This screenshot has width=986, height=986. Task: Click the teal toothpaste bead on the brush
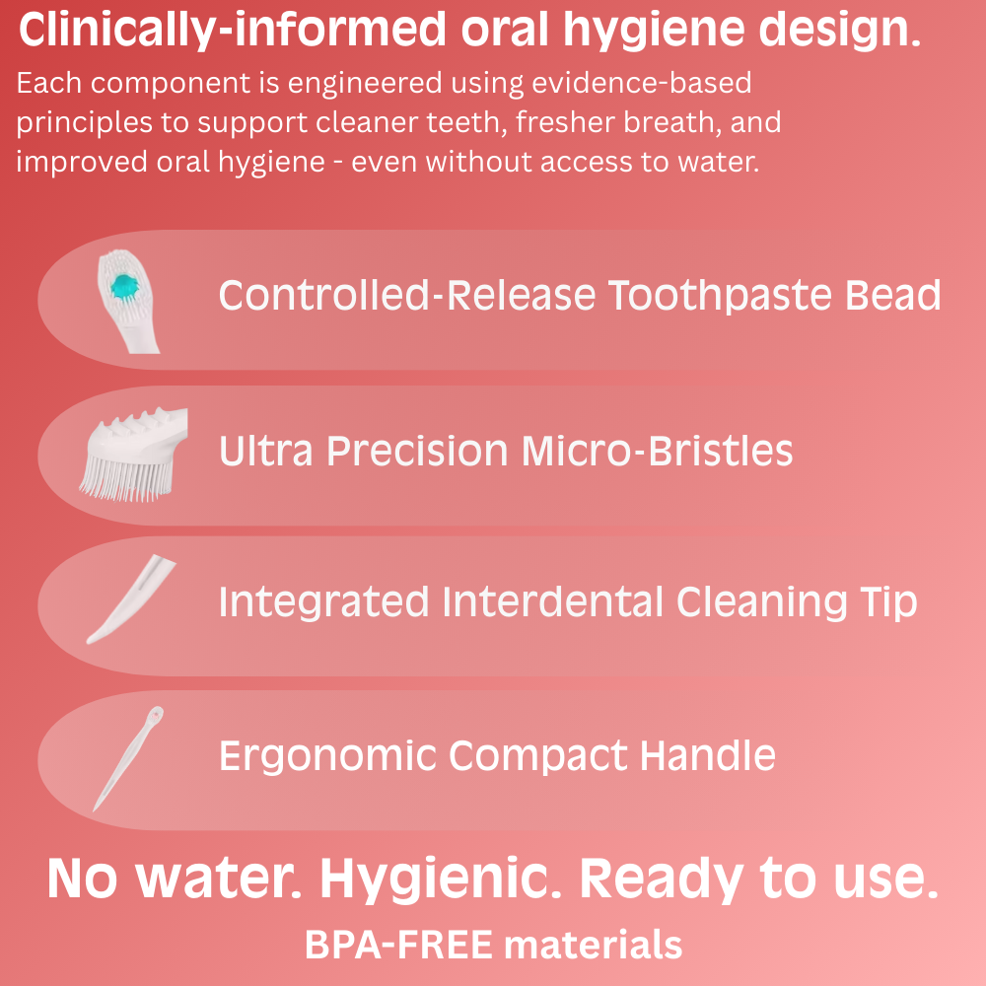coord(125,288)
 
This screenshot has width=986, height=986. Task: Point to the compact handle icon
coord(127,757)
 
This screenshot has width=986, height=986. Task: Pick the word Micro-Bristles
coord(657,452)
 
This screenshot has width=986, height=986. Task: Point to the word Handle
coord(708,756)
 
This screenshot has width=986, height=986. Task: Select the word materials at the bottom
coord(592,945)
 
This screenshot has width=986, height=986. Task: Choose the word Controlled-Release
coord(407,296)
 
